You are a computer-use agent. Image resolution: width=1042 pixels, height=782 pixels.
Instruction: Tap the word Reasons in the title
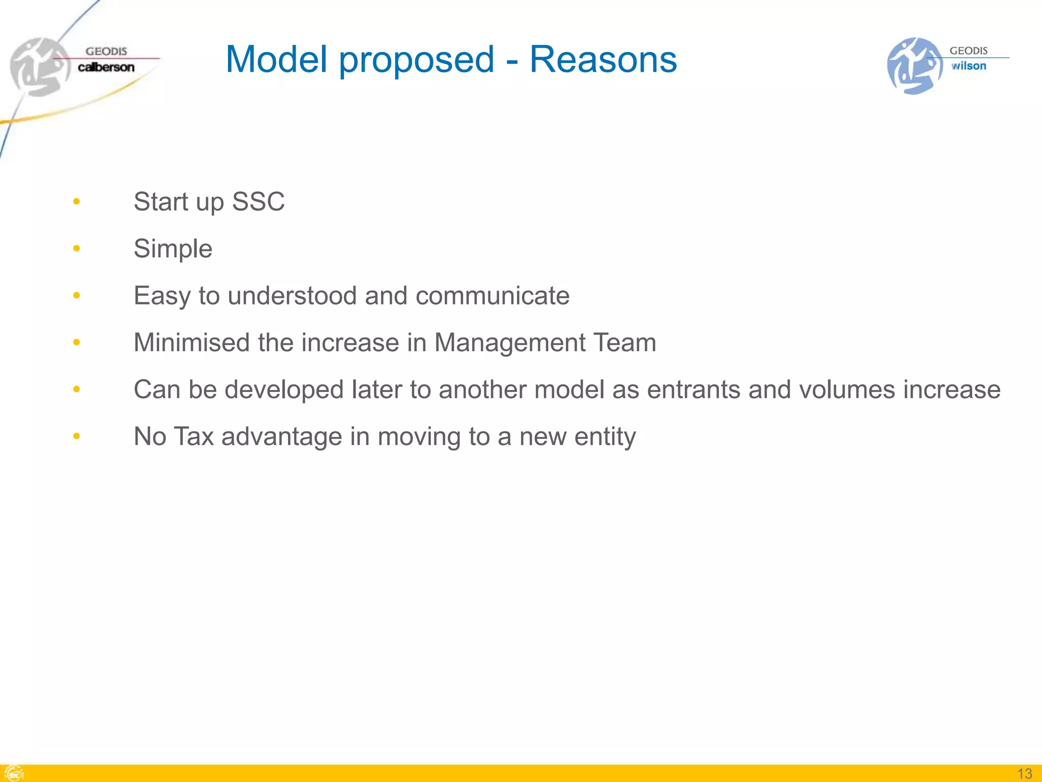click(x=603, y=60)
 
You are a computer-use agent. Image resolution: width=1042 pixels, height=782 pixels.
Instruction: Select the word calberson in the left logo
click(x=106, y=67)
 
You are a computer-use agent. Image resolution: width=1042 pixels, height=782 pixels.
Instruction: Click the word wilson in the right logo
click(x=969, y=66)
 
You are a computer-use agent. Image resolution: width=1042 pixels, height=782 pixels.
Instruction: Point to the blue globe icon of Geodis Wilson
click(x=914, y=66)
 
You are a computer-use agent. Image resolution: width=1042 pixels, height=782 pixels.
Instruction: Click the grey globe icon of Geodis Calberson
click(x=39, y=67)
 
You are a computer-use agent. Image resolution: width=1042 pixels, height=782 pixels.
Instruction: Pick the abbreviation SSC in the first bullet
click(x=258, y=202)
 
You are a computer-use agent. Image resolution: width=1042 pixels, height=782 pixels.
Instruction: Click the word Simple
click(x=173, y=249)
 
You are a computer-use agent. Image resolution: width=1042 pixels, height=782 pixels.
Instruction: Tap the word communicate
click(x=492, y=296)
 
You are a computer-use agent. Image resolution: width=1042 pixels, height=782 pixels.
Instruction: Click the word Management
click(x=510, y=343)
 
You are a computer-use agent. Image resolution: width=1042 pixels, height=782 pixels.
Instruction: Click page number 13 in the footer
click(x=1024, y=773)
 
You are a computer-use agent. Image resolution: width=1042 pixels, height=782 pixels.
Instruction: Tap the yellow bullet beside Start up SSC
click(x=76, y=202)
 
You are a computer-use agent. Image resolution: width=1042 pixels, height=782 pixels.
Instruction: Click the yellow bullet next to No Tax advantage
click(x=76, y=436)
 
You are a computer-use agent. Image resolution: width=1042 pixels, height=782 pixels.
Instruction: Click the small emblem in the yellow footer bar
click(x=13, y=773)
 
